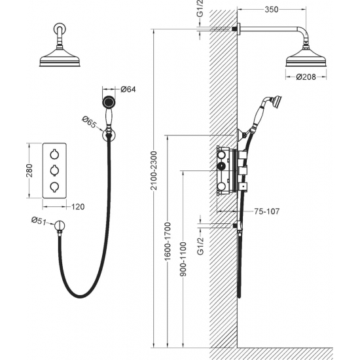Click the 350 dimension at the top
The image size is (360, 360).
[x=272, y=10]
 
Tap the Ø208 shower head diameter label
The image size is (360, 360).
[x=306, y=77]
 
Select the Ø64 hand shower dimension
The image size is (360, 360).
[x=128, y=89]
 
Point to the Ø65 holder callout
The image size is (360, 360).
[x=89, y=122]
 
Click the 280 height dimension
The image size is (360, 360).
[x=29, y=171]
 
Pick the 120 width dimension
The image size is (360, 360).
[x=78, y=207]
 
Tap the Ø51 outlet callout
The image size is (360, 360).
[x=39, y=221]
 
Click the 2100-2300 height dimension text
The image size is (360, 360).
[x=154, y=171]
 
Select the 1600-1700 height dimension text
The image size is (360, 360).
[x=168, y=242]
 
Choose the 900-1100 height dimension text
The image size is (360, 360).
[x=183, y=259]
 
